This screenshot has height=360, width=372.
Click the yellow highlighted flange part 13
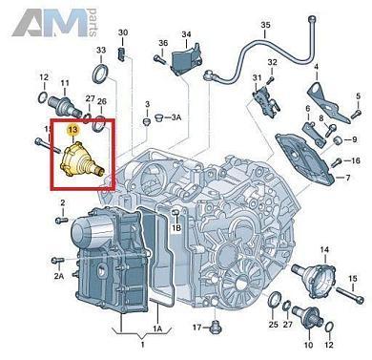point(81,159)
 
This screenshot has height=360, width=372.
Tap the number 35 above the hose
point(266,25)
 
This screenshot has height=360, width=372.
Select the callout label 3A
point(176,117)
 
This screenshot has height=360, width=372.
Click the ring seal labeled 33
point(101,74)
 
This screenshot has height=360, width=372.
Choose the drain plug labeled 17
point(216,328)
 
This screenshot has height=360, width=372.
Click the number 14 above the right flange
point(324,250)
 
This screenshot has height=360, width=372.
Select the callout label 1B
point(176,228)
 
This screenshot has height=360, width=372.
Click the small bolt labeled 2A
point(58,261)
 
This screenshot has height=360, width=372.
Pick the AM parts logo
point(54,23)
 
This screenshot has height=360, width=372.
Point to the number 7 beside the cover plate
point(347,178)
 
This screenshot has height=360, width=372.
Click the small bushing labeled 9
point(338,139)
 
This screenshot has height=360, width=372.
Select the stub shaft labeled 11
point(65,105)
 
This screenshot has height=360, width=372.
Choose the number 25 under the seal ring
point(274,325)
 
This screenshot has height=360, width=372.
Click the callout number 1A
point(158,328)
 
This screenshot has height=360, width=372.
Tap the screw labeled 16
point(336,162)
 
